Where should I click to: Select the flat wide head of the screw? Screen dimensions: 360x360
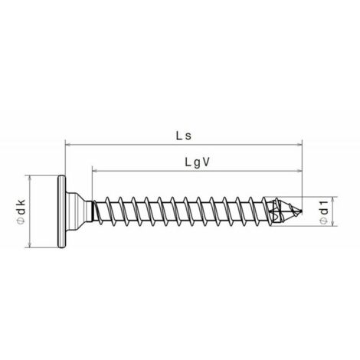tap(61, 211)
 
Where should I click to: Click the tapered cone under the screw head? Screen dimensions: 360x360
tap(74, 211)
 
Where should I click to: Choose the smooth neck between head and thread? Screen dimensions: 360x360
tap(90, 211)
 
